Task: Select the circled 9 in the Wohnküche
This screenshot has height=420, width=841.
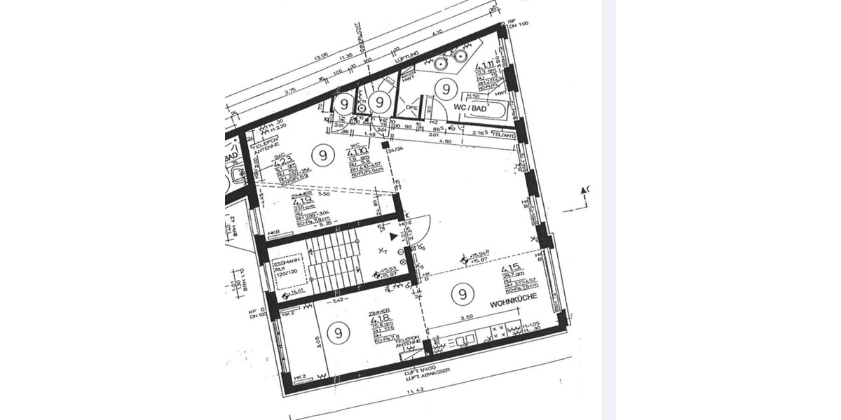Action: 462,295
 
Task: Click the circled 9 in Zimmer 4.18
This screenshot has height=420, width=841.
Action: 339,332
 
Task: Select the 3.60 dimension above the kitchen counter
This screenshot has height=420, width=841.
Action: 465,318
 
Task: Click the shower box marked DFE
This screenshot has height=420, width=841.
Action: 412,108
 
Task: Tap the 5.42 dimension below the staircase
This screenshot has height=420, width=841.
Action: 337,302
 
